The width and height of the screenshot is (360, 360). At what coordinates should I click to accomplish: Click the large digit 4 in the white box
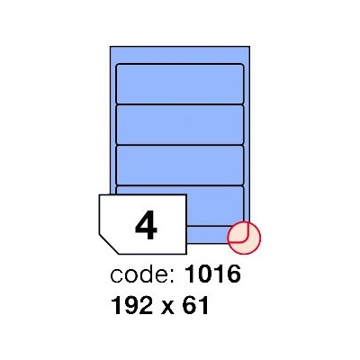pyautogui.click(x=146, y=225)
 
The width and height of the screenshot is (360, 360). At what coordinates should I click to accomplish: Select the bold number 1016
pyautogui.click(x=212, y=274)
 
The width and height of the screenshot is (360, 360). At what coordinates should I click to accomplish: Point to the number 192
pyautogui.click(x=132, y=305)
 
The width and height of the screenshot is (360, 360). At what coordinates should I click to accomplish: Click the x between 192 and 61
pyautogui.click(x=168, y=308)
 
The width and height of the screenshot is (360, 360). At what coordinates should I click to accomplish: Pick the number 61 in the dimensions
pyautogui.click(x=195, y=305)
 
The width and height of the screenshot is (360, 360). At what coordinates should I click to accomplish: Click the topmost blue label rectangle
pyautogui.click(x=180, y=84)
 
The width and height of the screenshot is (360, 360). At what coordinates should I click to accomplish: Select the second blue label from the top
pyautogui.click(x=180, y=124)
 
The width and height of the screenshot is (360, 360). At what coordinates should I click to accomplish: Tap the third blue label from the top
pyautogui.click(x=180, y=165)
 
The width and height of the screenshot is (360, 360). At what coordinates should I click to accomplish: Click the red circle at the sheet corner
pyautogui.click(x=244, y=238)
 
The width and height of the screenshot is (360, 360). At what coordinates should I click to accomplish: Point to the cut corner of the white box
pyautogui.click(x=109, y=244)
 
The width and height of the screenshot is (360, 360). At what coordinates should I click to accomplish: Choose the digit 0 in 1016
pyautogui.click(x=206, y=274)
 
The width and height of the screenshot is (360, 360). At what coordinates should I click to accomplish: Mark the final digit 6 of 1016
pyautogui.click(x=234, y=274)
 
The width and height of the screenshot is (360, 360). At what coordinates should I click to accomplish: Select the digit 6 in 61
pyautogui.click(x=190, y=305)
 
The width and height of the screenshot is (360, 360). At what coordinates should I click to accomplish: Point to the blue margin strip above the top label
pyautogui.click(x=180, y=55)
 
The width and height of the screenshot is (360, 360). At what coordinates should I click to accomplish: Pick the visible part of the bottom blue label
pyautogui.click(x=215, y=205)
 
